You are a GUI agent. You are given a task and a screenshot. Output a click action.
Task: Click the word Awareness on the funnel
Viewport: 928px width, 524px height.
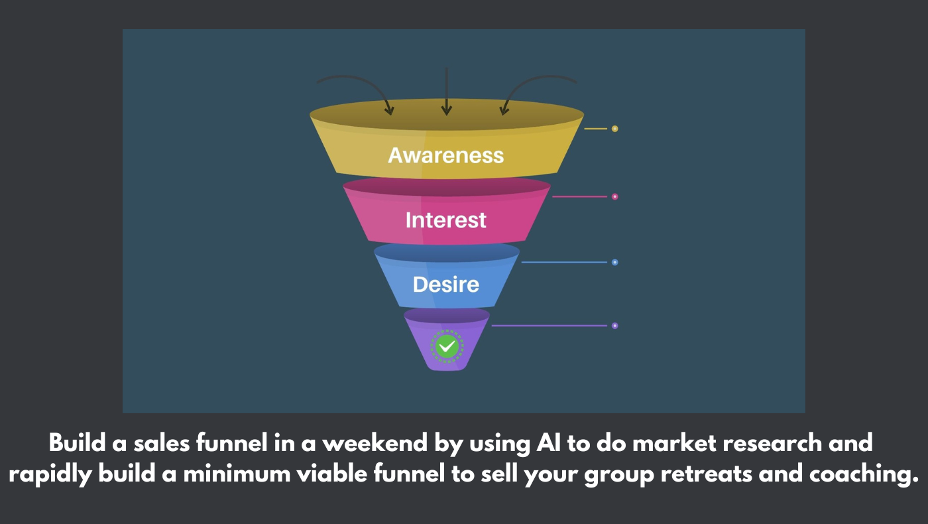click(445, 155)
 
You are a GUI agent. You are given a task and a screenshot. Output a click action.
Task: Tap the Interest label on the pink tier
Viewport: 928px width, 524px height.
click(445, 220)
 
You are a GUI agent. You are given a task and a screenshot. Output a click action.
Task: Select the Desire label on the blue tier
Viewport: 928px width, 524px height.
click(445, 285)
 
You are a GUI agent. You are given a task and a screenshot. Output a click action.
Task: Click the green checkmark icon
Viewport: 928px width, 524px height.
click(447, 346)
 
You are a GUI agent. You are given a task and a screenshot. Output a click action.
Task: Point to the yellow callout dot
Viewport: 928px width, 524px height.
click(615, 129)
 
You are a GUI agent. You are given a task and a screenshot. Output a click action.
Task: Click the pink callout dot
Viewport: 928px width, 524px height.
click(615, 196)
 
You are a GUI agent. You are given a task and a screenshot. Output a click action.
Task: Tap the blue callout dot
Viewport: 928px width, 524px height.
click(615, 262)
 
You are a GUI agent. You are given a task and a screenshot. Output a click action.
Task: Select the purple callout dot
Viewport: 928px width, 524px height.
click(615, 326)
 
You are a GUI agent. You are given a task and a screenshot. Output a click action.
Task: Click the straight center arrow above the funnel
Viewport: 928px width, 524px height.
click(447, 92)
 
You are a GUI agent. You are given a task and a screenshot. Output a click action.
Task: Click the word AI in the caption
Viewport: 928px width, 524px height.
click(549, 443)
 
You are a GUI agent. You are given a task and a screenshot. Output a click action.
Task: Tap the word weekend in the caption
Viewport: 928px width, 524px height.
click(375, 443)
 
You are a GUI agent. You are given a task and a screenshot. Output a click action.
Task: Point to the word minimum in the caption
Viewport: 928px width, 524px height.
click(237, 474)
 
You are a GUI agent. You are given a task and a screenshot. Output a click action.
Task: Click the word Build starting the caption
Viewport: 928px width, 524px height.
click(78, 442)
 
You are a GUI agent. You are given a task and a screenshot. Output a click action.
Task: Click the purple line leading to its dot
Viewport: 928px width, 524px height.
click(550, 326)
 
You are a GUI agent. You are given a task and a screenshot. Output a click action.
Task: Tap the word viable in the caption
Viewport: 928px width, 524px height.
click(332, 474)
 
